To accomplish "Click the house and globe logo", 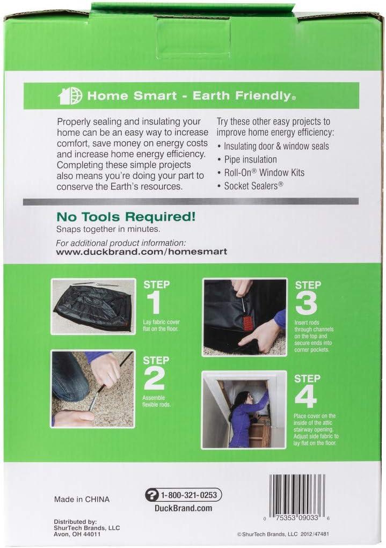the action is click(70, 96).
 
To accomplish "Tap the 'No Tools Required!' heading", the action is click(126, 217).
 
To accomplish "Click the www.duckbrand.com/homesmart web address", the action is click(142, 252).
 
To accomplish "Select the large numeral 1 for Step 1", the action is click(154, 303).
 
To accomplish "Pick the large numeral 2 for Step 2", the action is click(154, 378).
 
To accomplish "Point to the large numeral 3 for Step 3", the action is click(306, 303).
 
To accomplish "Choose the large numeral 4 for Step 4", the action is click(305, 397).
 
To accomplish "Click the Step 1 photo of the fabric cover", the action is click(93, 306).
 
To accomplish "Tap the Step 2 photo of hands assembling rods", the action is click(93, 389).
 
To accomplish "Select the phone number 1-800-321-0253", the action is click(189, 495).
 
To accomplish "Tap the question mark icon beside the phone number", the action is click(152, 495).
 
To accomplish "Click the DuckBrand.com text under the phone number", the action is click(183, 508).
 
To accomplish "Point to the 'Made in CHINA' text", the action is click(82, 499).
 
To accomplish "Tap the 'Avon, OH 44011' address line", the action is click(77, 535).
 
